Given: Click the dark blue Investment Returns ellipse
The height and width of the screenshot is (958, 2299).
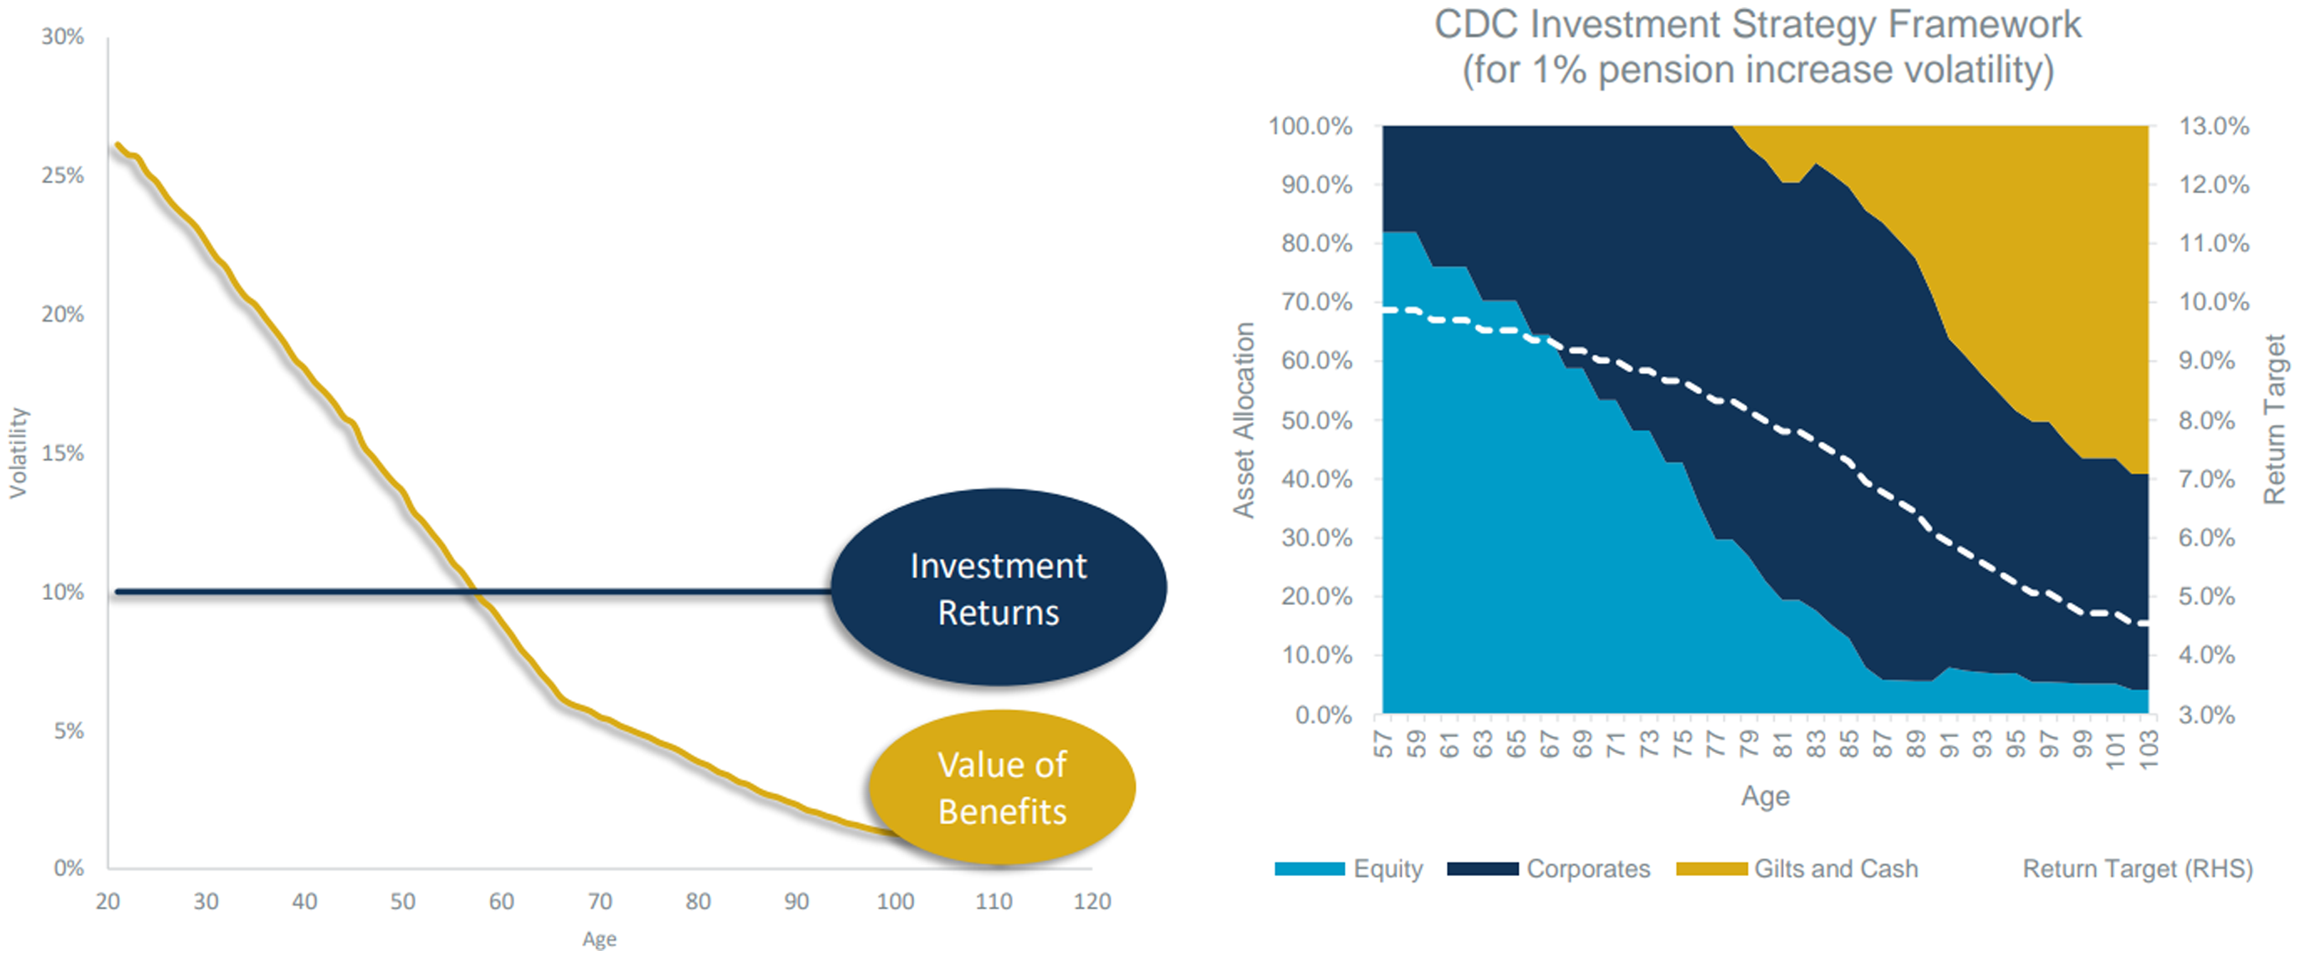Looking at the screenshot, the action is point(998,588).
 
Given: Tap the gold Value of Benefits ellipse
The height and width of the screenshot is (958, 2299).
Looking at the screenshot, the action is point(1002,788).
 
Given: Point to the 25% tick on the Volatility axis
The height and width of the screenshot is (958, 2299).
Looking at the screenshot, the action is point(63,175).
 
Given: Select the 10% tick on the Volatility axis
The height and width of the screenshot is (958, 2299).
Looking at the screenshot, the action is point(63,592).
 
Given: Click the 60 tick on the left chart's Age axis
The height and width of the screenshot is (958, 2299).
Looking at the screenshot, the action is point(501,902).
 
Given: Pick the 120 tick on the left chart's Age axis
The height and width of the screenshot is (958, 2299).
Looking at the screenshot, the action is point(1092,902).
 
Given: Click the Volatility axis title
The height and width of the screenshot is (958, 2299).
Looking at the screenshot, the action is point(19,453).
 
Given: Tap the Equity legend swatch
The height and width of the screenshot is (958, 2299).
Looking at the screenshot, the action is point(1309,869).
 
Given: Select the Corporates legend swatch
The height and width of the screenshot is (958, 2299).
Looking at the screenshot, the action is point(1483,869).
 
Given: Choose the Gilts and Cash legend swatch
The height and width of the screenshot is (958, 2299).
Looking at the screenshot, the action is point(1711,869).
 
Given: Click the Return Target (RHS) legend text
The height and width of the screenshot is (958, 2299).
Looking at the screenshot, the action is point(2137,869).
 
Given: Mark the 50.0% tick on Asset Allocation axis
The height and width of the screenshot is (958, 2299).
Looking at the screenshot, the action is point(1316,421).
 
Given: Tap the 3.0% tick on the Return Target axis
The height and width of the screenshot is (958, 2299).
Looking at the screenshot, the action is point(2207,714).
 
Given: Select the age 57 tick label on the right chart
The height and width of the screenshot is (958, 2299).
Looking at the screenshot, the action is point(1383,744).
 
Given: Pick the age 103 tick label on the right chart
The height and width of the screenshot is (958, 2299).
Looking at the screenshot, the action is point(2148,749).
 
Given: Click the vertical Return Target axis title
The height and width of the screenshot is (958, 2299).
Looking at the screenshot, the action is point(2275,419).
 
